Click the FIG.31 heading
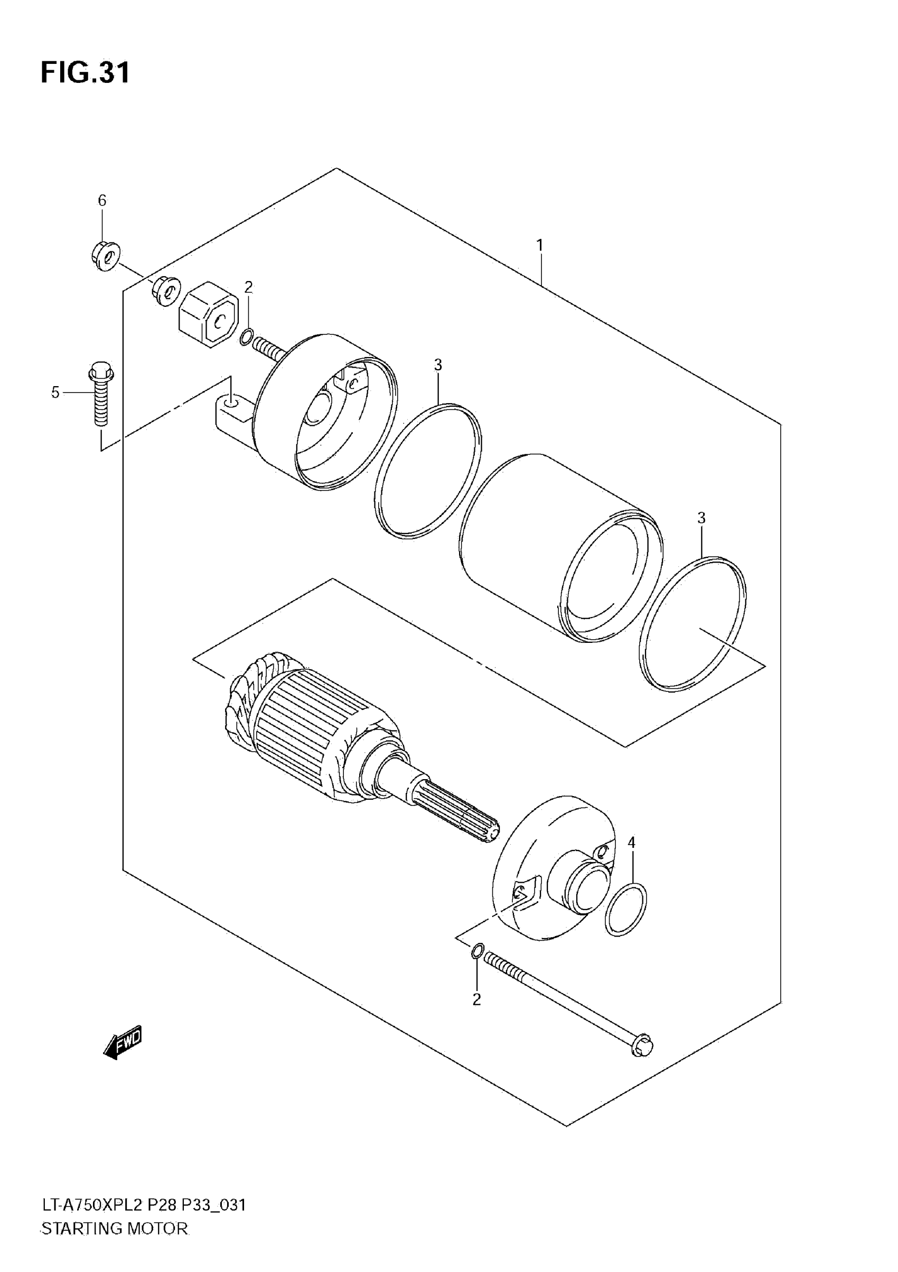click(86, 72)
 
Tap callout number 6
click(102, 201)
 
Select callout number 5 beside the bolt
click(55, 392)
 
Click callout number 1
click(539, 245)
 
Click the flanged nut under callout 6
click(106, 257)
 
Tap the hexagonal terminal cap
click(208, 314)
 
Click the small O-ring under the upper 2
click(247, 336)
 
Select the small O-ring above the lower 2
click(478, 951)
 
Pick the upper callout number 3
click(438, 364)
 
